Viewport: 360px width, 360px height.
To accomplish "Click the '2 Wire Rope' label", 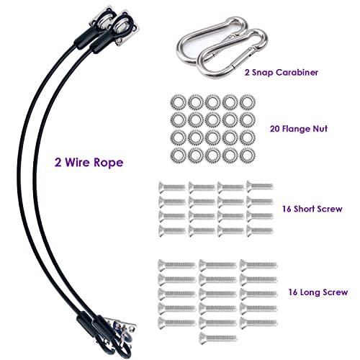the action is point(89,163).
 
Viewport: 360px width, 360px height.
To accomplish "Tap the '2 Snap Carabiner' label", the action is point(282,73).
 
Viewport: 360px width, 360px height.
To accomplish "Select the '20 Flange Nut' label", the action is point(299,129).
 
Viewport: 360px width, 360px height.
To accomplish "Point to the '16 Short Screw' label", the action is point(312,209).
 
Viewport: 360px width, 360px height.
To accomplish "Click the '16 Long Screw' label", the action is point(318,292).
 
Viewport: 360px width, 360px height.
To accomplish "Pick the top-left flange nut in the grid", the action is point(179,102).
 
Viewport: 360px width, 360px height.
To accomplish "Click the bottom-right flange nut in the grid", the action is point(248,156).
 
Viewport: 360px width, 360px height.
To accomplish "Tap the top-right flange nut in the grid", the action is point(248,102).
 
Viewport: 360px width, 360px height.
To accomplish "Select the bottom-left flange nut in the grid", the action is point(179,156).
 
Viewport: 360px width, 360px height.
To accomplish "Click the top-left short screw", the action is point(172,187).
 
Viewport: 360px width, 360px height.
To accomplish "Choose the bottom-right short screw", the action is point(260,230).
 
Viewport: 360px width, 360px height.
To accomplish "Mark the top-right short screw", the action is point(260,187).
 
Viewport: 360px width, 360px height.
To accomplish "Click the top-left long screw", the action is point(177,265).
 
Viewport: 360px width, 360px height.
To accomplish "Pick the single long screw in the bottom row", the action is point(218,338).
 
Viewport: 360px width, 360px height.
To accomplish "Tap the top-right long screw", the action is point(258,265).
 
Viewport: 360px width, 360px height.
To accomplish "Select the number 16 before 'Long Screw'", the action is point(293,292).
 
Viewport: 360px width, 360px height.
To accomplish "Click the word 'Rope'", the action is point(109,163).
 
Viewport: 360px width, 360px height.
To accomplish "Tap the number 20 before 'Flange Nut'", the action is point(275,129).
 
